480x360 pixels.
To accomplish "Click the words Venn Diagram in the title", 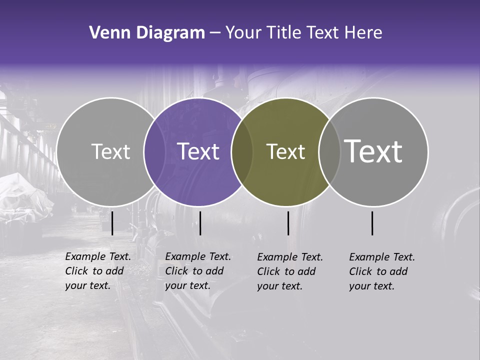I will click(x=146, y=33).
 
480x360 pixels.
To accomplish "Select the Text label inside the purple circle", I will click(x=198, y=151).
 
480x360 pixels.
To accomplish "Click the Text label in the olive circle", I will click(x=285, y=151).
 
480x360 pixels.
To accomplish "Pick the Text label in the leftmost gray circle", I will click(x=110, y=151).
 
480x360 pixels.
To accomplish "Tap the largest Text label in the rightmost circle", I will click(x=373, y=151).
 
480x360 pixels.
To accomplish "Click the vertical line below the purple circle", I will click(x=200, y=223).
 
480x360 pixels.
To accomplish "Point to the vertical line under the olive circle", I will click(x=288, y=223).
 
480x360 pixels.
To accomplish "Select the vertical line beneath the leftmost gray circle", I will click(x=112, y=223).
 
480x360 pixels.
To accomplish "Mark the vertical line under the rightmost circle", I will click(x=372, y=223).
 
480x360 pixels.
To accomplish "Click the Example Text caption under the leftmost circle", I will click(x=98, y=271).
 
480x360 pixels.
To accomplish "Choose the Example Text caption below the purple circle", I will click(x=198, y=271).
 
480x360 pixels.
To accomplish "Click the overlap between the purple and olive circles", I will click(x=242, y=151).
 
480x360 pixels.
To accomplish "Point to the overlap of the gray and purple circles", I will click(x=154, y=151).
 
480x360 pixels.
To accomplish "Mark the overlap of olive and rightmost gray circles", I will click(x=329, y=151).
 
